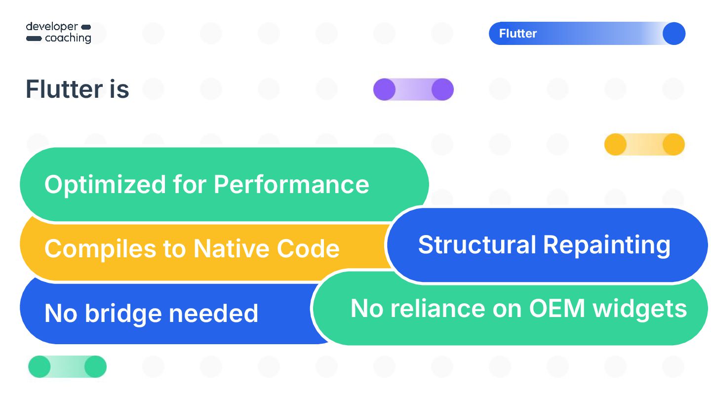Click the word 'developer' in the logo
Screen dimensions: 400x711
pyautogui.click(x=52, y=27)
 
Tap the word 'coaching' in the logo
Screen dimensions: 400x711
pyautogui.click(x=68, y=38)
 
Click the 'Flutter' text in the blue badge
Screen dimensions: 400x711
pyautogui.click(x=518, y=34)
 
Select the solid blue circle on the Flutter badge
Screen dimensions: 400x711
pyautogui.click(x=674, y=34)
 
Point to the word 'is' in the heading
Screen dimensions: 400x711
pyautogui.click(x=119, y=89)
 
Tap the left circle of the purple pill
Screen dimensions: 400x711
pyautogui.click(x=385, y=89)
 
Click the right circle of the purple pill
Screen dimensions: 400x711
pyautogui.click(x=442, y=89)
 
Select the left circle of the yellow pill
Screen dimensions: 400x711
pyautogui.click(x=616, y=145)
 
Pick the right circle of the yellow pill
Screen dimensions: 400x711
pyautogui.click(x=673, y=145)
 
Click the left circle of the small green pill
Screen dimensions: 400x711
pyautogui.click(x=39, y=367)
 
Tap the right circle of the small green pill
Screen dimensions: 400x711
pyautogui.click(x=95, y=367)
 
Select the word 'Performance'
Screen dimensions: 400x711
pyautogui.click(x=291, y=185)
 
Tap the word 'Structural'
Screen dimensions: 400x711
pyautogui.click(x=477, y=244)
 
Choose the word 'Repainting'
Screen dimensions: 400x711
pyautogui.click(x=607, y=245)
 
